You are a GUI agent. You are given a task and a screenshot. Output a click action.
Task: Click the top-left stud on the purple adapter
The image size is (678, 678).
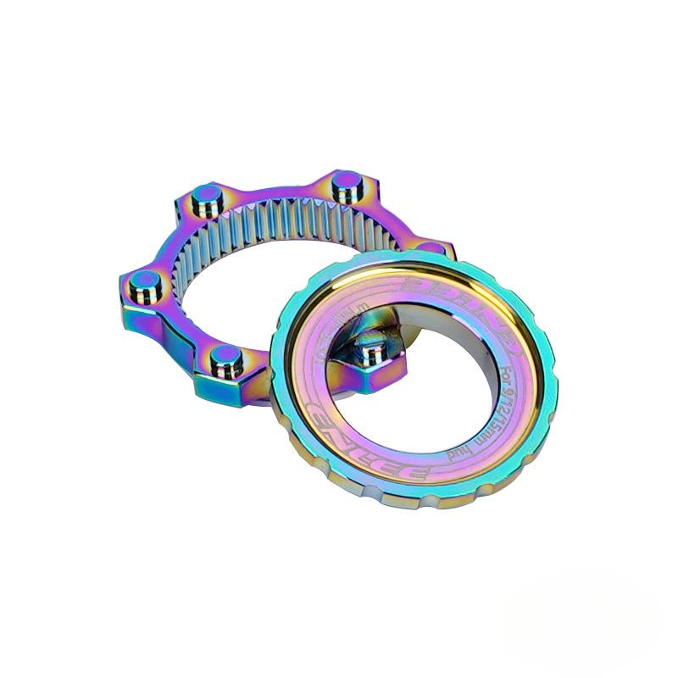(204, 200)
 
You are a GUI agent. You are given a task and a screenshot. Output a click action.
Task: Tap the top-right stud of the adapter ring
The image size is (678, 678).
(346, 184)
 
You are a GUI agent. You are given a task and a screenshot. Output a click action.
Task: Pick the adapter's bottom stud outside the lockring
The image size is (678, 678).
(225, 358)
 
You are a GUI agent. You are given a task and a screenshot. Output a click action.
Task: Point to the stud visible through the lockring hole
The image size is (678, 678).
(370, 348)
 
